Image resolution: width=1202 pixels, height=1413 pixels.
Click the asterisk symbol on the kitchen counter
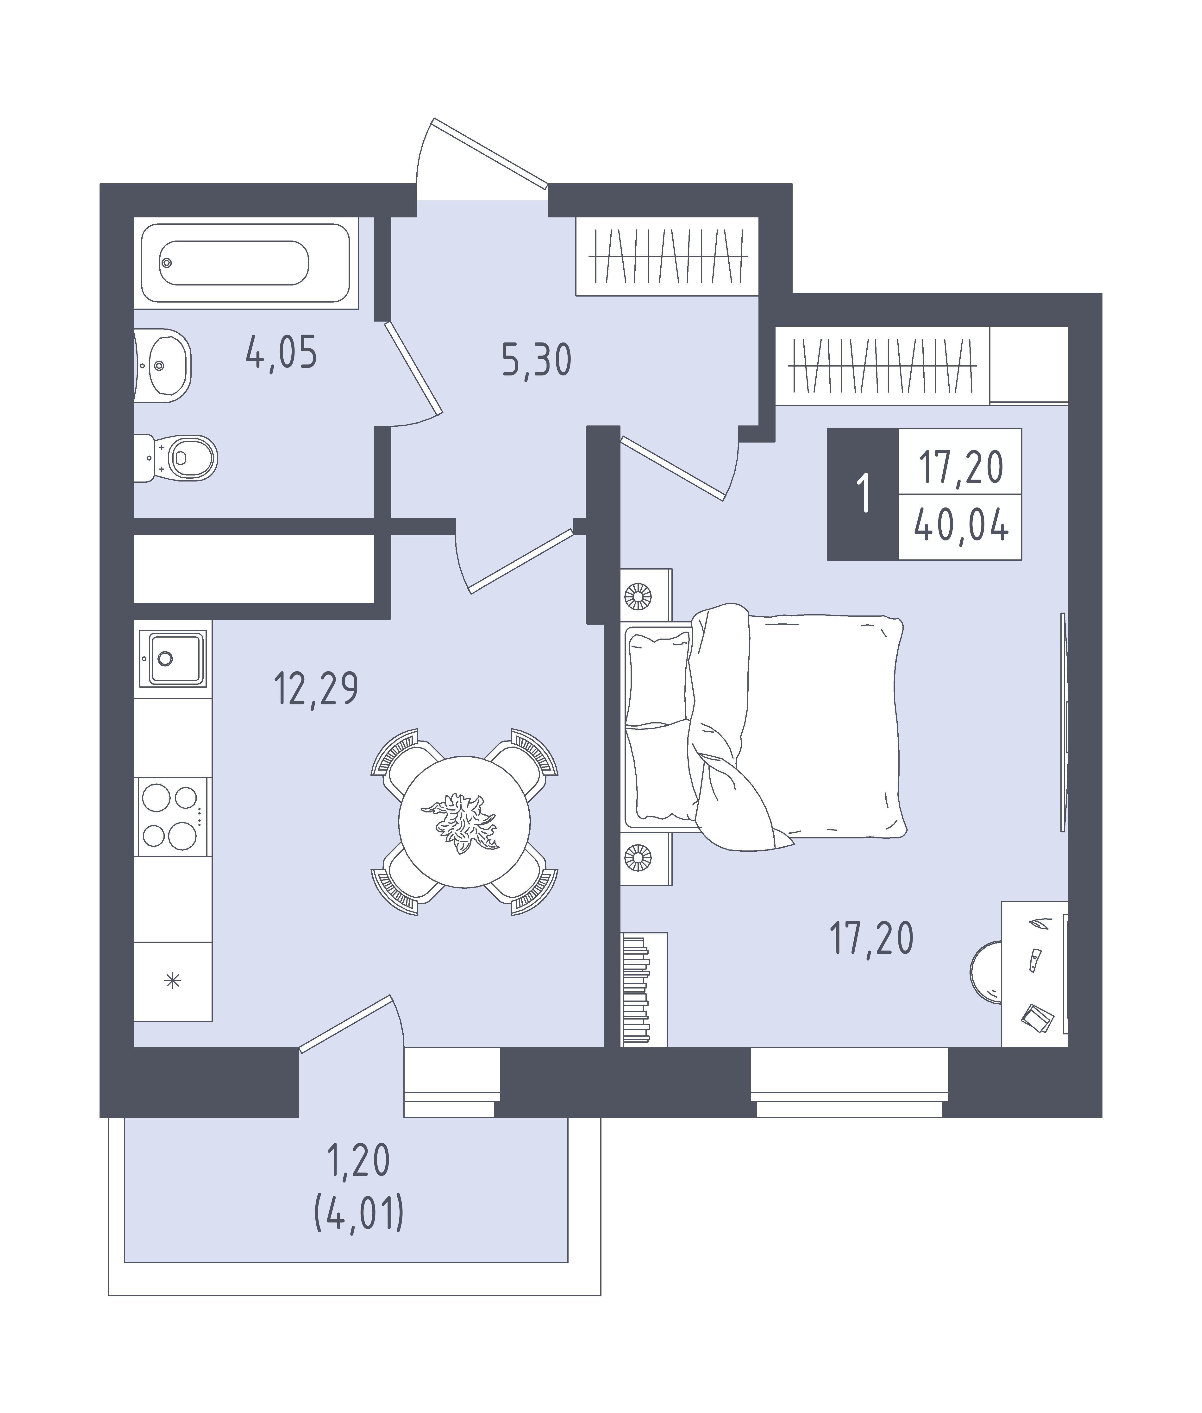pyautogui.click(x=173, y=982)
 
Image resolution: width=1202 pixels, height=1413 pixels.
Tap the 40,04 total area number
pyautogui.click(x=961, y=527)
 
